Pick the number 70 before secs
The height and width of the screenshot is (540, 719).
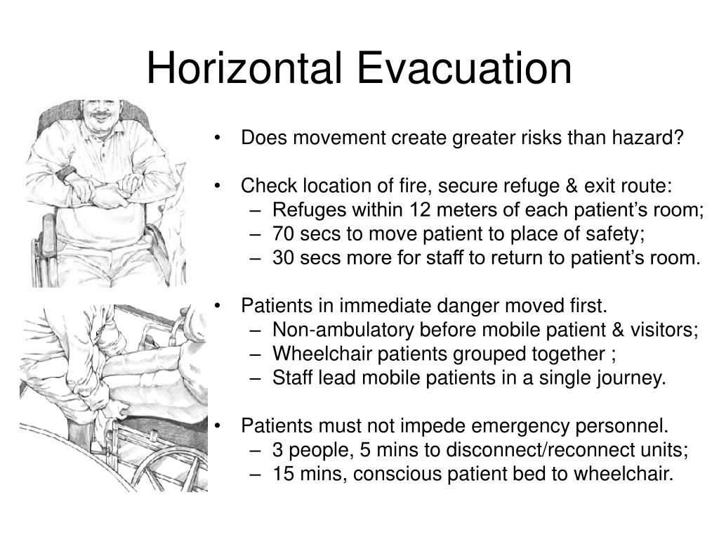point(284,234)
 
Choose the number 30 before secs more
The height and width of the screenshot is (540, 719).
point(284,258)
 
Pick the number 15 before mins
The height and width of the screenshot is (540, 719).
point(284,475)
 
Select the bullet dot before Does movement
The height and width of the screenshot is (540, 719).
point(220,139)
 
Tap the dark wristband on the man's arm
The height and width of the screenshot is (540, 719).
point(67,173)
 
